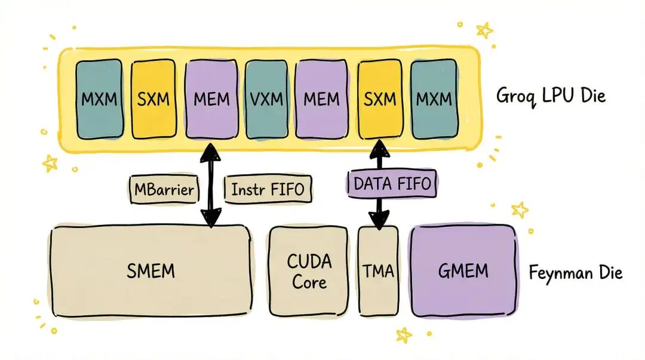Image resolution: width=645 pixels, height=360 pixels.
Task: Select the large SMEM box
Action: (x=150, y=270)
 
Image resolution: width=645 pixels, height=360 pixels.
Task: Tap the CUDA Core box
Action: (x=308, y=270)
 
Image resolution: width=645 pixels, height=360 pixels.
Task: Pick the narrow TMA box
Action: (x=378, y=270)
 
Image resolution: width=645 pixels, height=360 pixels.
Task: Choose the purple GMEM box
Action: (x=463, y=270)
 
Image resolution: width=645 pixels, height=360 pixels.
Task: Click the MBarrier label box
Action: (x=163, y=190)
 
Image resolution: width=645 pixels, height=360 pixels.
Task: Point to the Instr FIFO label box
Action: (x=268, y=190)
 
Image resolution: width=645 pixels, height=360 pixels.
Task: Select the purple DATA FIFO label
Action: (x=392, y=184)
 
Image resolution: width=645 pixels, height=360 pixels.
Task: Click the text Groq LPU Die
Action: (x=551, y=96)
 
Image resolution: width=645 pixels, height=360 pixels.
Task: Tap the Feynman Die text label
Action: (x=575, y=273)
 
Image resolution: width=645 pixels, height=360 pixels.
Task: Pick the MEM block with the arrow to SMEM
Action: (x=212, y=99)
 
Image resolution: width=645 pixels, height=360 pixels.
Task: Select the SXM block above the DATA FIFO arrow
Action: (x=380, y=99)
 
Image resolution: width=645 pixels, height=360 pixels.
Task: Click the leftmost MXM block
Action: (x=99, y=99)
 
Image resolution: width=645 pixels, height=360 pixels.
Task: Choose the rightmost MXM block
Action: (x=434, y=99)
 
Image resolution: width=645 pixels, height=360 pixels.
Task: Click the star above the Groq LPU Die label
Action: (x=484, y=29)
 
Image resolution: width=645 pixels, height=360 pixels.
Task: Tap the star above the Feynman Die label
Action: (x=520, y=210)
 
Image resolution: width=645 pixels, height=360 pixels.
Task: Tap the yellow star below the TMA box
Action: (x=404, y=335)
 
